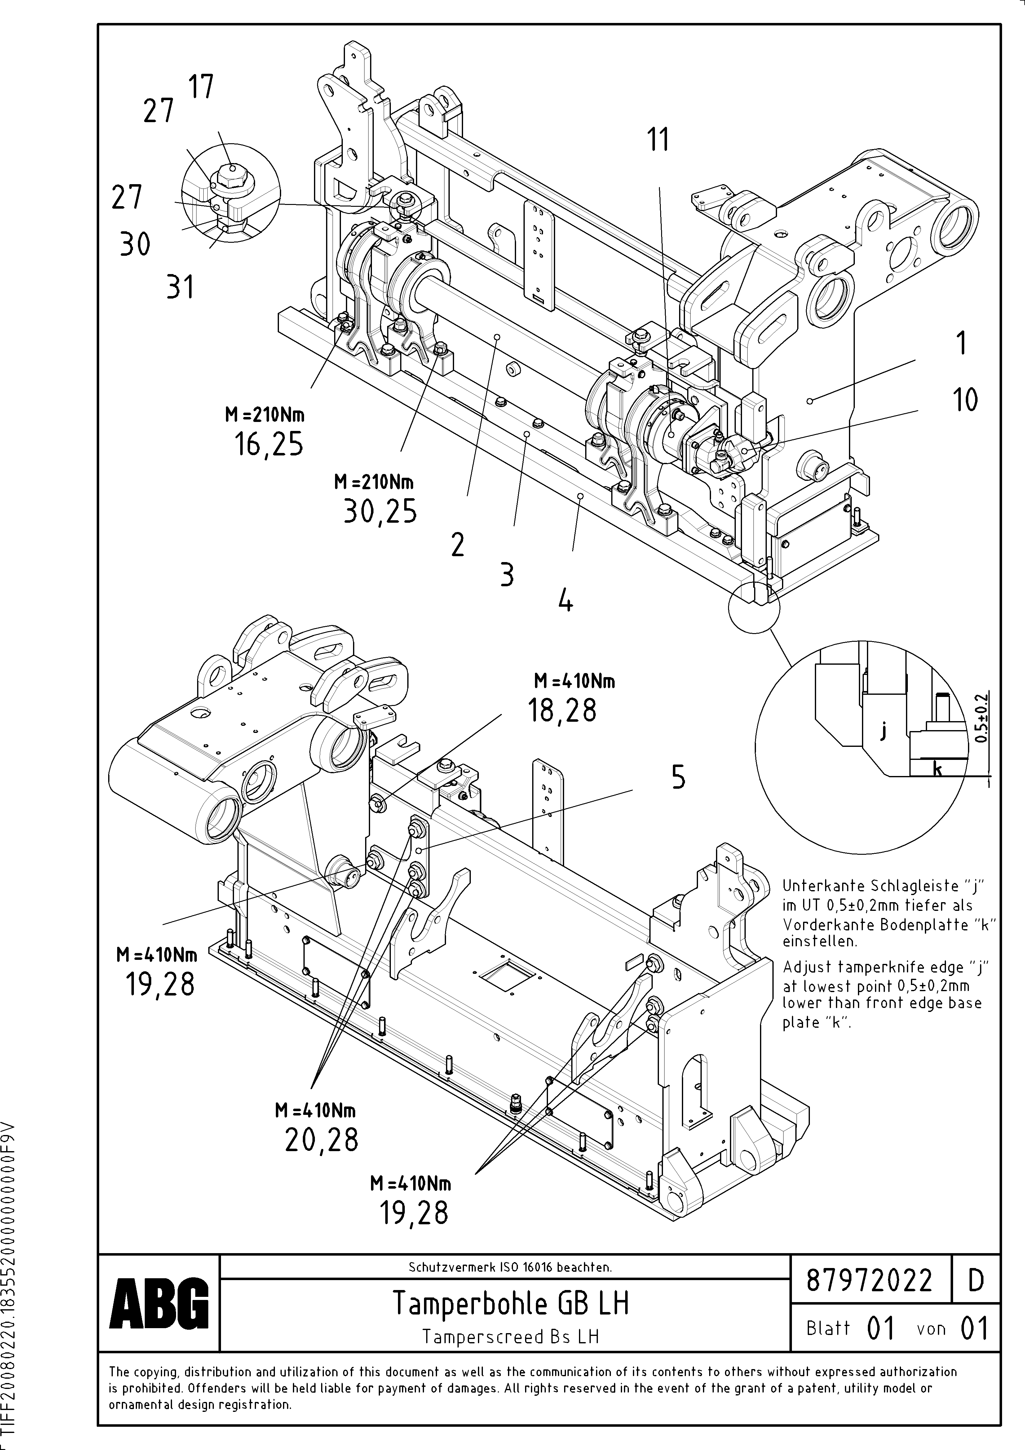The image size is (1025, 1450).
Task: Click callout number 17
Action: (x=202, y=86)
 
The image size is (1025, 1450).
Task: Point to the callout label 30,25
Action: (x=380, y=512)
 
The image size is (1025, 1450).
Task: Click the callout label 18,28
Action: (x=562, y=711)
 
